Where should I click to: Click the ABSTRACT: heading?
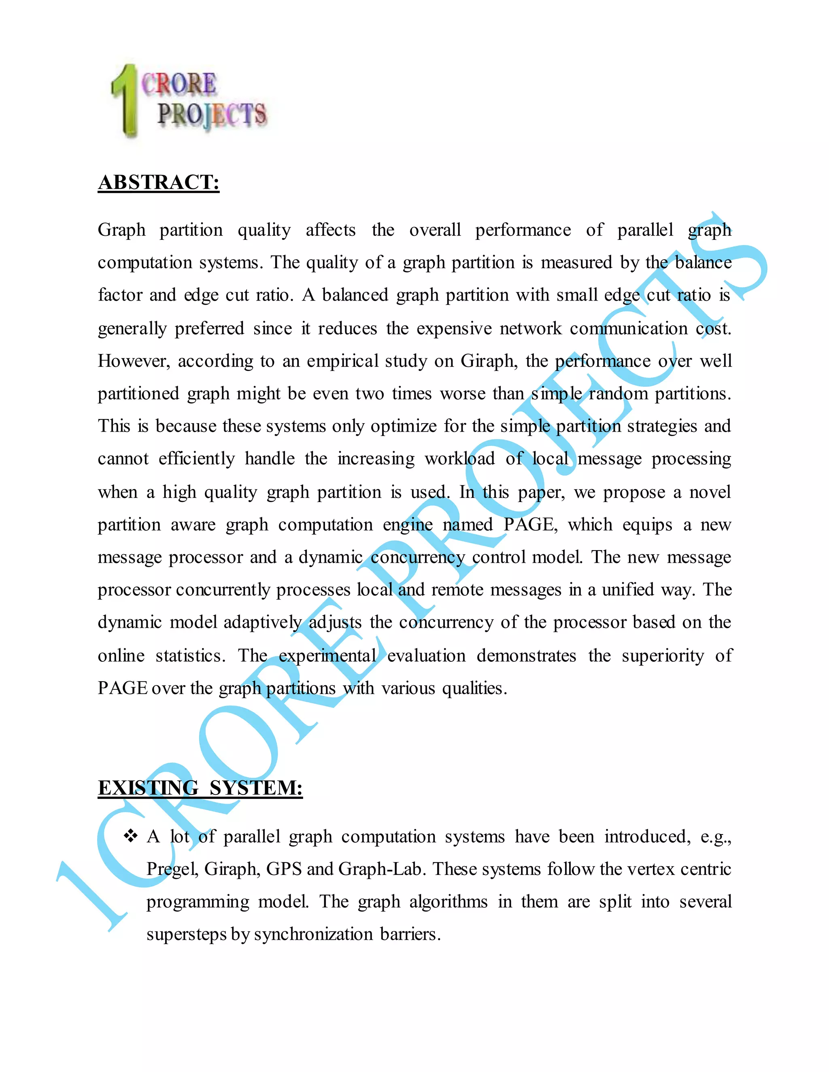159,182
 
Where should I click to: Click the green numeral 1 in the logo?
126,101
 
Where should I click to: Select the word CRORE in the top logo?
179,83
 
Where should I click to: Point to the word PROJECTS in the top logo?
212,115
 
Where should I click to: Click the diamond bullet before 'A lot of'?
131,836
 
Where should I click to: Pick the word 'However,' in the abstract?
134,361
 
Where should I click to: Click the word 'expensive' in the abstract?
454,328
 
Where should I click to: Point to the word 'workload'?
460,459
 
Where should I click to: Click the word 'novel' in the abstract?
710,492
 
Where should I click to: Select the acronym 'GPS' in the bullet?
283,869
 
